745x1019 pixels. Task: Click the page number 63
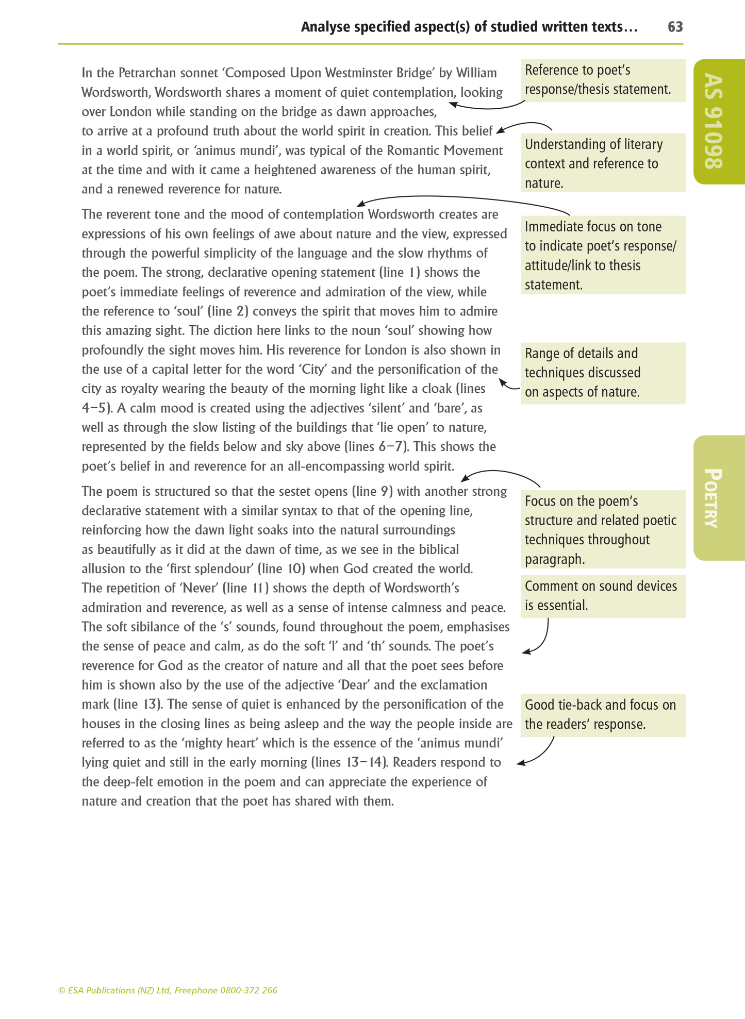point(675,27)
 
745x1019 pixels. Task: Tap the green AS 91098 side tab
point(718,122)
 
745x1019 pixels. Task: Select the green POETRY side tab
point(718,497)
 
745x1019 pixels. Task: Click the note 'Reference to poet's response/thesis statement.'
point(602,80)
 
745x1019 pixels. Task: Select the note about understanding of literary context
point(602,163)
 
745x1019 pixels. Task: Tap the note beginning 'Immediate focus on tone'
point(602,255)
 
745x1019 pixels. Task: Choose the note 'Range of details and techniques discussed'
point(602,373)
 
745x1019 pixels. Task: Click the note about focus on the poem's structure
point(602,529)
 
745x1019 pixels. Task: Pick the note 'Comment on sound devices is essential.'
point(602,596)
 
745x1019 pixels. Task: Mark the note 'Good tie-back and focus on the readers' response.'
point(602,714)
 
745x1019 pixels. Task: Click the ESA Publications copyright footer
point(168,990)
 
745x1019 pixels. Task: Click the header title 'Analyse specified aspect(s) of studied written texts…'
point(469,27)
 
